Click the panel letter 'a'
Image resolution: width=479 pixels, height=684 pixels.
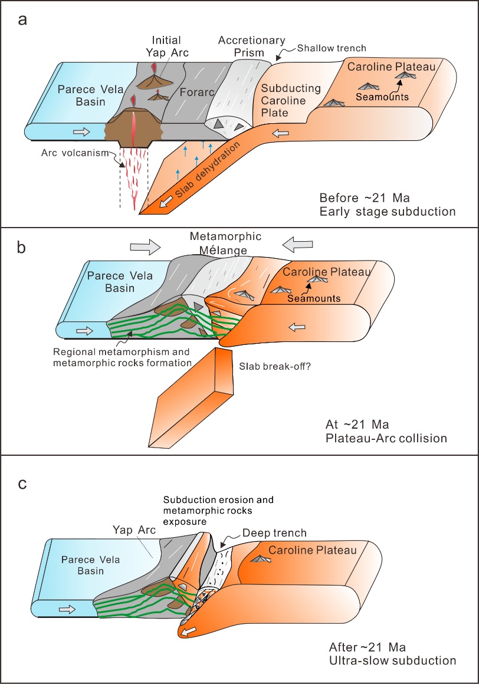[22, 19]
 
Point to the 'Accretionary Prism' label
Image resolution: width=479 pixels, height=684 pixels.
[251, 47]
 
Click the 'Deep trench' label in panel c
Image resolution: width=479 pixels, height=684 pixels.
[275, 533]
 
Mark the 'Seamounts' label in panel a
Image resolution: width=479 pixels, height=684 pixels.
[382, 97]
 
